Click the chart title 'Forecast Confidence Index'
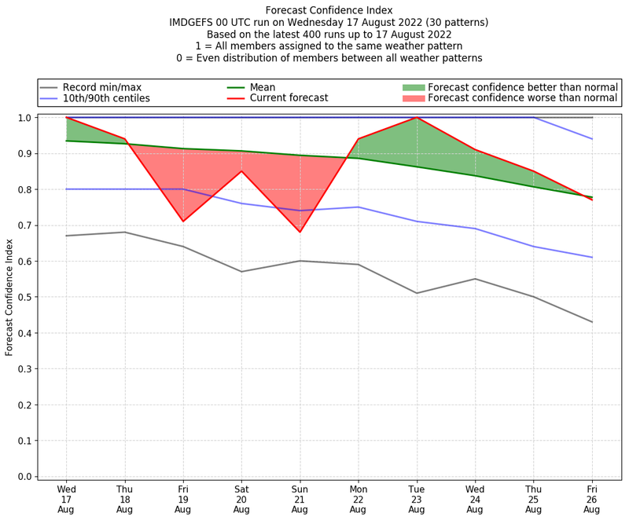(329, 10)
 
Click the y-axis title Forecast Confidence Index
(10, 296)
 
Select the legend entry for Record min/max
(100, 86)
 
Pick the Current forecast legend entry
(289, 98)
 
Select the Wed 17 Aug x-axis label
(66, 499)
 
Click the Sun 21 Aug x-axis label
(300, 499)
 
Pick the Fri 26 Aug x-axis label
(591, 499)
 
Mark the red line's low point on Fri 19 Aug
(183, 222)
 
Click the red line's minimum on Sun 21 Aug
(300, 232)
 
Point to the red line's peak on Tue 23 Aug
(416, 118)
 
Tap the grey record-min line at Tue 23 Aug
(416, 293)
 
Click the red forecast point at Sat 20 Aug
(241, 171)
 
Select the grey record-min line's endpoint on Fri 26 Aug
(591, 322)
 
